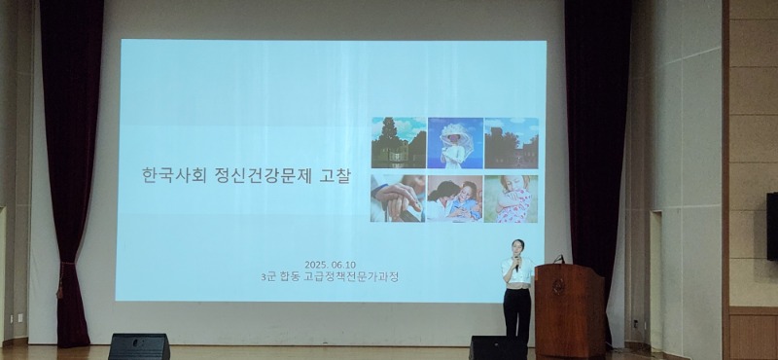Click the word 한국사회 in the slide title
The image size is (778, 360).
coord(167,179)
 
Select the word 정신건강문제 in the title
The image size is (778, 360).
coord(256,179)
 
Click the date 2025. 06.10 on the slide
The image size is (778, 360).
coord(331,264)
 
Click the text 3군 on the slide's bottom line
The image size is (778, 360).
coord(285,276)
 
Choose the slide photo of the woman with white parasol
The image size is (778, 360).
coord(454,143)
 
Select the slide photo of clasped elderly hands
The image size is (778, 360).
coord(397,198)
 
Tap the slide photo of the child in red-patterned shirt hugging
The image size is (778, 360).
coord(511,198)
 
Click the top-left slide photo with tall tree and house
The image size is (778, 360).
coord(398,143)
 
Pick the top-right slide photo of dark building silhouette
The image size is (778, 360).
coord(511,143)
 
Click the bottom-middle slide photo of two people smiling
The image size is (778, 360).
coord(454,198)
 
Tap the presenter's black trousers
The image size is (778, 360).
coord(517,313)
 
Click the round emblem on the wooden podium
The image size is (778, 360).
coord(558,287)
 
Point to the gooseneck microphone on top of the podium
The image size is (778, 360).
coord(559,259)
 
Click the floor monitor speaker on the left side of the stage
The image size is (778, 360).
coord(138,346)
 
